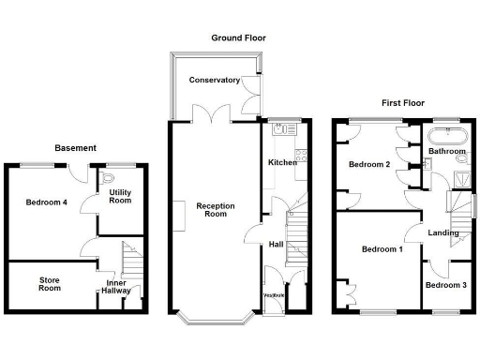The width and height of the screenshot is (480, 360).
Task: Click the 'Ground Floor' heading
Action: point(239,38)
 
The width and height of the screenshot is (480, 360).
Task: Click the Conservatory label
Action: point(215,81)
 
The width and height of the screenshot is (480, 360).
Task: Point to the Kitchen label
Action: point(282,162)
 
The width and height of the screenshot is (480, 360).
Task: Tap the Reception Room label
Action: point(215,209)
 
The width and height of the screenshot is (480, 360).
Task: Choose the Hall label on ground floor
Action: point(276,244)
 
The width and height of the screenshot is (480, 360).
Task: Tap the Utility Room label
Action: point(120,197)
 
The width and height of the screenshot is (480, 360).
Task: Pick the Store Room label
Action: point(50,283)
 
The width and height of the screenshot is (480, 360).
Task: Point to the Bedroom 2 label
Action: point(369,164)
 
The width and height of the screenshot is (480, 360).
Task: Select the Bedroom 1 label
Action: point(382,249)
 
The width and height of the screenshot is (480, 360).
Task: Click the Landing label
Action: point(443,232)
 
